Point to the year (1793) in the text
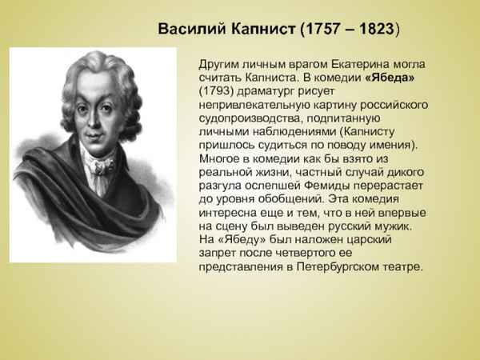pyautogui.click(x=218, y=93)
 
